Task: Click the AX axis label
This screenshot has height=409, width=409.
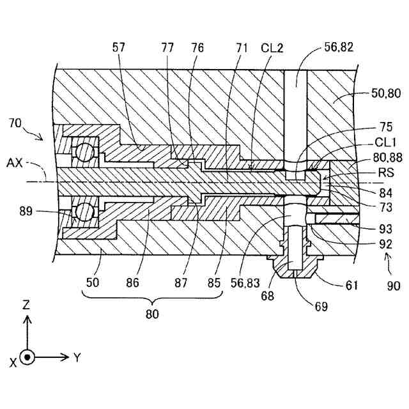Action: (x=15, y=163)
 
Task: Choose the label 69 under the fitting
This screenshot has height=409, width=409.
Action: (x=320, y=306)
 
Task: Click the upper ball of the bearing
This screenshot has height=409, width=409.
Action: (x=83, y=152)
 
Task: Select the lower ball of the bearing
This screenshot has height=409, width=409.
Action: (x=83, y=212)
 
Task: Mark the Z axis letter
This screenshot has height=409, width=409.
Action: (x=26, y=305)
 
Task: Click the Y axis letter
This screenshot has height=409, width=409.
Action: (x=77, y=358)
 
